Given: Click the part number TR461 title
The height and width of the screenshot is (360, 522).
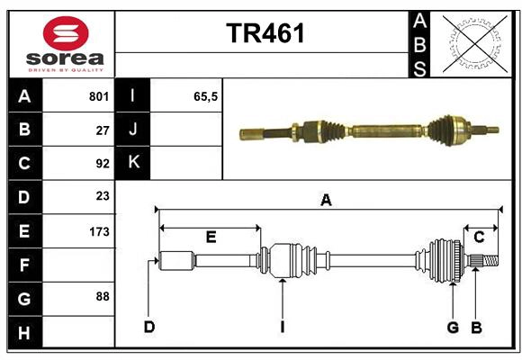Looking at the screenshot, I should tap(265, 33).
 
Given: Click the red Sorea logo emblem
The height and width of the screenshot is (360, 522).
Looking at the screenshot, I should tap(66, 33).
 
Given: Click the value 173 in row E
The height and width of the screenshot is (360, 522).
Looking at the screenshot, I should tap(99, 231).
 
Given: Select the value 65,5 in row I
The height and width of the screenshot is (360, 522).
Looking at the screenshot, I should tap(206, 96).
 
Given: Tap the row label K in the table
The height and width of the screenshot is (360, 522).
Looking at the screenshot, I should tap(133, 163).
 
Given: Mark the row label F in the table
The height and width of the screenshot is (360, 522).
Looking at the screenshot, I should tap(24, 265).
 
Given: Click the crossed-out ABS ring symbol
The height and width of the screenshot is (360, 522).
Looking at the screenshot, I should tap(472, 44).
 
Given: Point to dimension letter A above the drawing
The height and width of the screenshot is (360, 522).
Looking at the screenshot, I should tap(326, 201).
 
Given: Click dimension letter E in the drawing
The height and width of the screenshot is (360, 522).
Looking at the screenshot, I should tap(211, 238).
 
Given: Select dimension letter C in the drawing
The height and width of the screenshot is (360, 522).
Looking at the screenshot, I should tap(480, 238).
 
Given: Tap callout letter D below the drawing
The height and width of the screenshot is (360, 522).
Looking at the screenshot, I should tap(149, 327).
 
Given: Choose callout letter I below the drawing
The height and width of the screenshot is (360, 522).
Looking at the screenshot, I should tap(282, 327).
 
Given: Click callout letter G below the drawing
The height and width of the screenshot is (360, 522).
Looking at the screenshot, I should tap(453, 327).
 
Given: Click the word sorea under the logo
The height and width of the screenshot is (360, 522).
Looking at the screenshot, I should tap(66, 59).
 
